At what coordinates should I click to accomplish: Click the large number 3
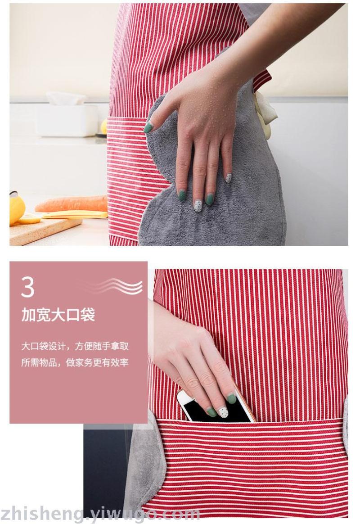28,287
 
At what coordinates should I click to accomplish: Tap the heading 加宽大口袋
58,315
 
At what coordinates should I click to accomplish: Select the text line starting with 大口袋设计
75,346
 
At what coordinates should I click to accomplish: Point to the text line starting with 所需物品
75,362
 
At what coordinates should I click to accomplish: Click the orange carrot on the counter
72,204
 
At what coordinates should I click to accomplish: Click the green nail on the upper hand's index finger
148,128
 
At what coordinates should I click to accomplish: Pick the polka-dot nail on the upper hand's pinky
229,178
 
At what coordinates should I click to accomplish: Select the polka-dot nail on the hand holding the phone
223,412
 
